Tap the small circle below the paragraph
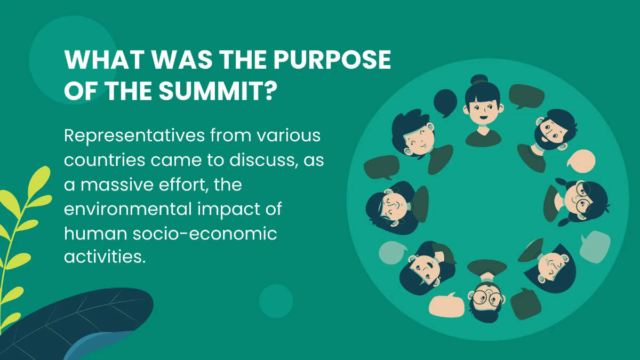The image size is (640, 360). (276, 301)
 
